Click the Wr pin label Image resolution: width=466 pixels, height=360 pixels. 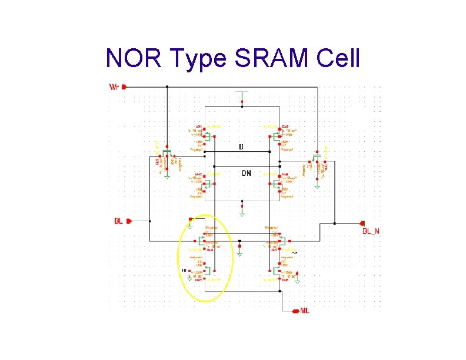115,86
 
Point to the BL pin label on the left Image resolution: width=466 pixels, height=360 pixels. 118,221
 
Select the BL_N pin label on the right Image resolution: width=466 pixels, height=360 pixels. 371,232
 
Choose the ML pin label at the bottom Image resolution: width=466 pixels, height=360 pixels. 305,310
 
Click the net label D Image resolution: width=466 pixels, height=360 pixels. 241,146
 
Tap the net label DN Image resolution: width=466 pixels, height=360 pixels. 247,173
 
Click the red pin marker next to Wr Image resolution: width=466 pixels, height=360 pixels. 124,86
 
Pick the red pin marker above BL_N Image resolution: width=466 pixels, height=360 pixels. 361,224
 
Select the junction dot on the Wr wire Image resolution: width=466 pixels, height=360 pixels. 167,86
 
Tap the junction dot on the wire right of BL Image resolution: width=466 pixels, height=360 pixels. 151,221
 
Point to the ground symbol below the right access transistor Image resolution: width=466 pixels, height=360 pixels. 317,186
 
